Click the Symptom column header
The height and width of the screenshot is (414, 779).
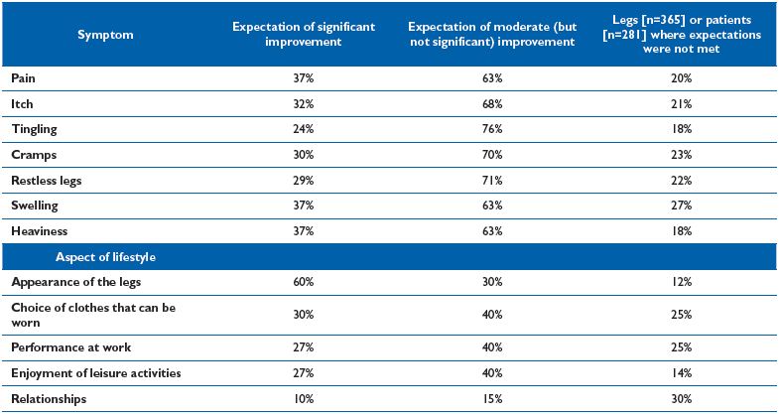(105, 35)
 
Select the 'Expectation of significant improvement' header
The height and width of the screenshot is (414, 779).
(303, 35)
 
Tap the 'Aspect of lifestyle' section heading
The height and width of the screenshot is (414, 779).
(105, 257)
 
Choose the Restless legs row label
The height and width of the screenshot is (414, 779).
(47, 181)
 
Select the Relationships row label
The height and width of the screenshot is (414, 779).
(49, 398)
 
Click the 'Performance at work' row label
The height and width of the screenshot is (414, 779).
(71, 346)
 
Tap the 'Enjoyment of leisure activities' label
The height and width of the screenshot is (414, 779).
(96, 372)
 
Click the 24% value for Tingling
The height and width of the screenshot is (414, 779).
(303, 130)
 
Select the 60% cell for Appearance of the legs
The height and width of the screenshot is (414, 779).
(303, 282)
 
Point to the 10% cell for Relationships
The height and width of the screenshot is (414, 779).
(303, 398)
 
